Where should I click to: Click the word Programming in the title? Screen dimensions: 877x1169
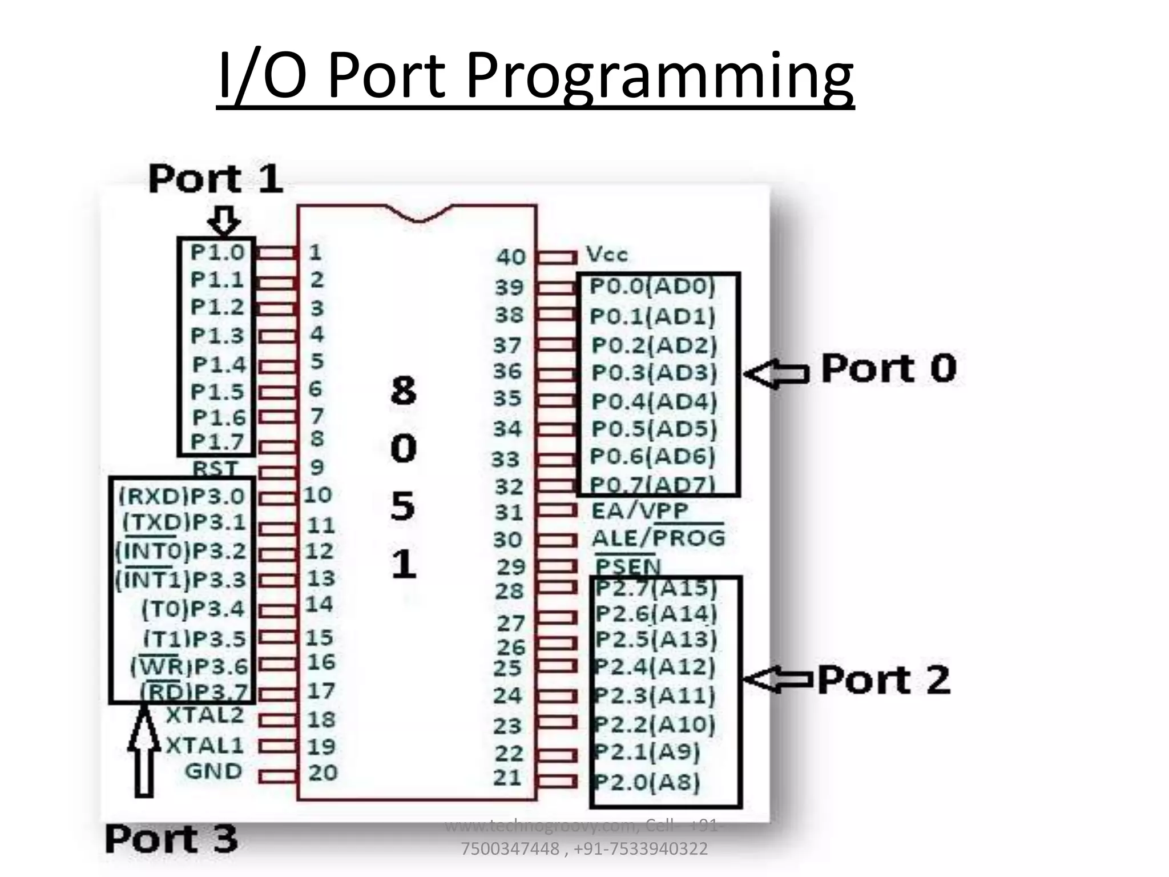[x=659, y=75]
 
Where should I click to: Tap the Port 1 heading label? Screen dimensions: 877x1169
[x=216, y=179]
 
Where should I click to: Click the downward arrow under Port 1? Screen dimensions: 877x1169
[x=224, y=221]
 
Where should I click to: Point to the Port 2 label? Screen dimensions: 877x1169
[x=884, y=679]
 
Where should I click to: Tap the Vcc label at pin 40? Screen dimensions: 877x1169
[x=607, y=255]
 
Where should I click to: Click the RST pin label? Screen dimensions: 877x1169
[x=215, y=468]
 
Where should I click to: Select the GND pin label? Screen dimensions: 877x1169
[x=213, y=771]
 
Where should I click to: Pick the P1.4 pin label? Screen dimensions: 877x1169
[x=219, y=364]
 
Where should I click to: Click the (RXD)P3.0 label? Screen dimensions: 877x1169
[x=182, y=496]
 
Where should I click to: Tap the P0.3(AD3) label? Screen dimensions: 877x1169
[x=654, y=373]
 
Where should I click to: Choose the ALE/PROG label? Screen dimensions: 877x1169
[x=658, y=538]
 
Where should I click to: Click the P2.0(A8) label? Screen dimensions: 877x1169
[x=648, y=781]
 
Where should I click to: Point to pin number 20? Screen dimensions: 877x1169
[x=323, y=773]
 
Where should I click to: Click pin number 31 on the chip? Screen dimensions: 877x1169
[x=508, y=512]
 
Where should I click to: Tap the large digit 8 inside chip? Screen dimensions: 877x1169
[x=403, y=391]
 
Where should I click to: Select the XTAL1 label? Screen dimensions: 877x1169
[x=204, y=745]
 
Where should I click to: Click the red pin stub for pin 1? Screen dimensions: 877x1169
[x=277, y=252]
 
